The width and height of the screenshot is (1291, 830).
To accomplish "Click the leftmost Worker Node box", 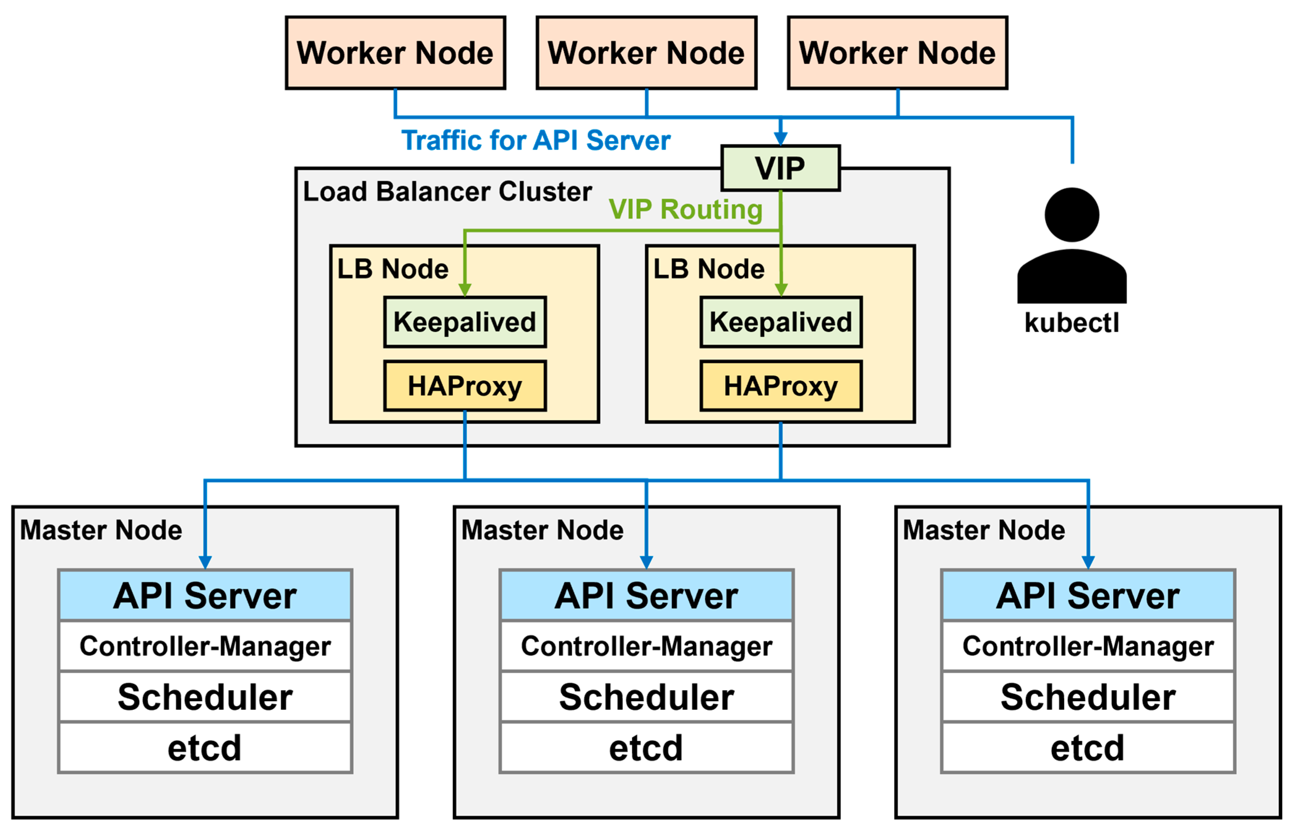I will tap(395, 53).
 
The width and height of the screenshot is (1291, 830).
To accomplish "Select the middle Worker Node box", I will tap(646, 53).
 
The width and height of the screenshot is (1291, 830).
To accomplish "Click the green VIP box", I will tap(780, 168).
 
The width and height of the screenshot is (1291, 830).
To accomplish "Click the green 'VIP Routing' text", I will tap(685, 209).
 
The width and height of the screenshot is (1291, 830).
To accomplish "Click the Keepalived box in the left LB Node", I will tap(465, 322).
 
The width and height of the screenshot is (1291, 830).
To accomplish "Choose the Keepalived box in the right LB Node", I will tap(780, 322).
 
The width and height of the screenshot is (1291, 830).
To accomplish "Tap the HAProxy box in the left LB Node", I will tap(465, 386).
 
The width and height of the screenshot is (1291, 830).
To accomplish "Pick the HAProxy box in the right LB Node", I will tap(780, 386).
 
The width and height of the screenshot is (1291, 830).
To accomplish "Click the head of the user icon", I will tap(1071, 214).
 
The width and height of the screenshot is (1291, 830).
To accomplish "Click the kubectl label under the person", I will tap(1071, 323).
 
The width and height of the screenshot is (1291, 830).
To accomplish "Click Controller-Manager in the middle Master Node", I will tap(646, 646).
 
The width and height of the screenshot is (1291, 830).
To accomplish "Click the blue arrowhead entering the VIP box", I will tap(780, 139).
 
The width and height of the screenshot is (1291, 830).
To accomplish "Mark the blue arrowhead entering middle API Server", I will tap(646, 562).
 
